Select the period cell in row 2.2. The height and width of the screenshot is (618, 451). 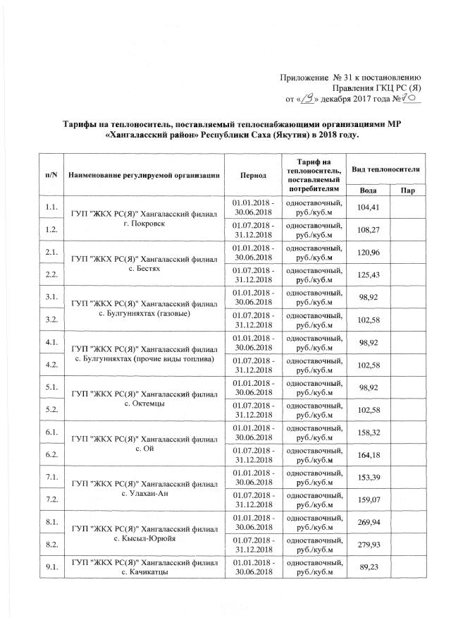click(x=253, y=276)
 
